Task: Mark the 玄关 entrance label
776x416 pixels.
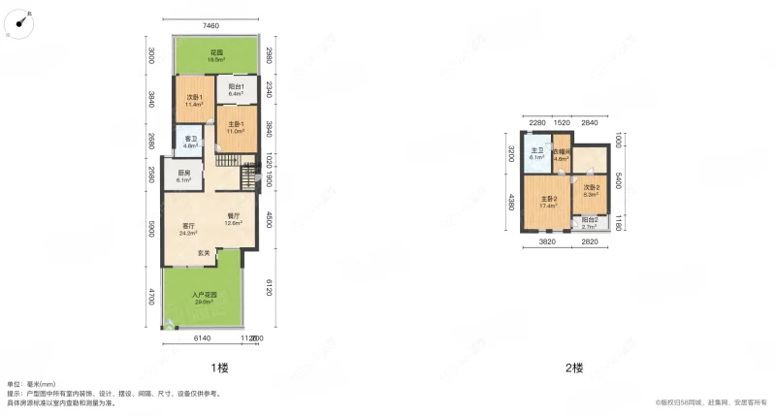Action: [204, 252]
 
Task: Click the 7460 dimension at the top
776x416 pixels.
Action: [217, 25]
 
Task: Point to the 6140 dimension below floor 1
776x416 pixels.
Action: [203, 337]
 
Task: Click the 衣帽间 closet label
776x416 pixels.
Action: [562, 155]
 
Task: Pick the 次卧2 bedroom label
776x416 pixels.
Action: [592, 190]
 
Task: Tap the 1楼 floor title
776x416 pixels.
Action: [219, 368]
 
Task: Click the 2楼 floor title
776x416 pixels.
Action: [575, 368]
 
